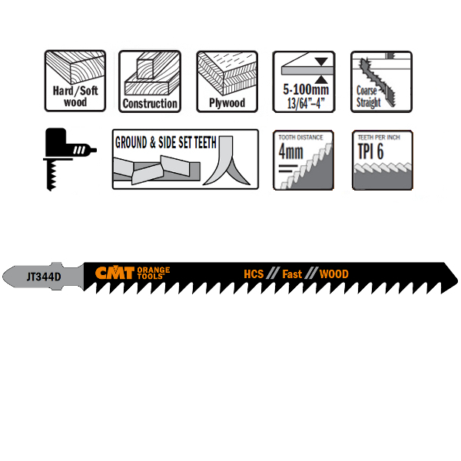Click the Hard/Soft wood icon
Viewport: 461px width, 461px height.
(x=75, y=81)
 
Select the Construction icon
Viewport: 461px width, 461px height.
(x=150, y=81)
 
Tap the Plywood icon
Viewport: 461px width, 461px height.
(x=227, y=81)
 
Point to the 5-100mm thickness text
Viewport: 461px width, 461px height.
(x=306, y=89)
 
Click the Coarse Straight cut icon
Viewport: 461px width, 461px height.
(x=381, y=81)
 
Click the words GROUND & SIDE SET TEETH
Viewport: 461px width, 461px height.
(x=165, y=143)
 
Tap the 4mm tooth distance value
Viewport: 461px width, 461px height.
(x=290, y=151)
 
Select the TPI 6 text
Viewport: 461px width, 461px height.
(x=371, y=151)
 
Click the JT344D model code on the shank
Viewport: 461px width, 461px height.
(x=44, y=277)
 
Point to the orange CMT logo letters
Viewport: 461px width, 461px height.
(x=115, y=273)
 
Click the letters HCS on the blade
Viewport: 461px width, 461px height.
(x=254, y=274)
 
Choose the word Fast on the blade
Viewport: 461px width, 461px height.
(x=292, y=274)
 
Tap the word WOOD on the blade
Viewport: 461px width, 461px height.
(x=334, y=274)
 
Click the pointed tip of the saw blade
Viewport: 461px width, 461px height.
(x=457, y=280)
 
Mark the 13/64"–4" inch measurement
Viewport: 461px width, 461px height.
(x=306, y=103)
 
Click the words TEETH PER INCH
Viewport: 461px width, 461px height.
(x=379, y=138)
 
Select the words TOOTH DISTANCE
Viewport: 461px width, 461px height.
(x=300, y=138)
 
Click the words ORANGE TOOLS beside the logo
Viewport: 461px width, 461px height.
(x=154, y=273)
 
